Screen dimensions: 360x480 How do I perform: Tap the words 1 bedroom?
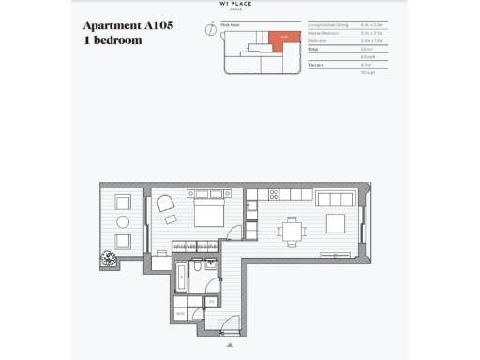tap(113, 40)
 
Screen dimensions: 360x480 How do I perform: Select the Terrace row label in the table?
tap(316, 65)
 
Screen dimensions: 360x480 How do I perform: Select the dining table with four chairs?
tap(292, 231)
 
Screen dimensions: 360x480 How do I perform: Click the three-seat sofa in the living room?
tap(334, 199)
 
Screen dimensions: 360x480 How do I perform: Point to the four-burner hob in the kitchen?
tap(275, 195)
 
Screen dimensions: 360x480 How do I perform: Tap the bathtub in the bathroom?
tap(181, 278)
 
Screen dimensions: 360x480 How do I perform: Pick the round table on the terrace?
tap(123, 222)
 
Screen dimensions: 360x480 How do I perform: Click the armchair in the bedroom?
tap(166, 204)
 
